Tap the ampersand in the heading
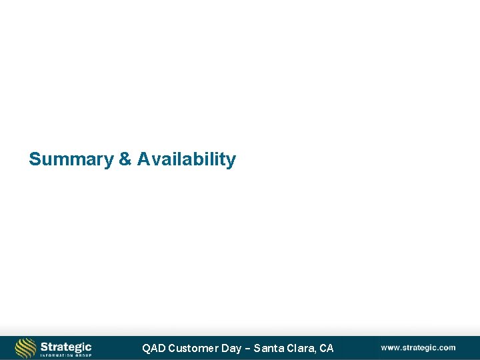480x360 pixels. tap(125, 160)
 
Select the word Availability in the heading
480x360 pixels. tap(187, 160)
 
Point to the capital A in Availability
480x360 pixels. tap(143, 160)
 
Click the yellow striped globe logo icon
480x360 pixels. tap(25, 348)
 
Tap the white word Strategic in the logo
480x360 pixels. tap(65, 347)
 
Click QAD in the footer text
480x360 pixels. tap(153, 348)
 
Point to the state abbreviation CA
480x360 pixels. tap(326, 348)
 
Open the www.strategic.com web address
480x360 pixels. tap(418, 347)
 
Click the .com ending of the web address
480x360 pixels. tap(446, 347)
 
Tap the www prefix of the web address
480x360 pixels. tap(389, 347)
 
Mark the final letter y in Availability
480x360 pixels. tap(231, 161)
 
